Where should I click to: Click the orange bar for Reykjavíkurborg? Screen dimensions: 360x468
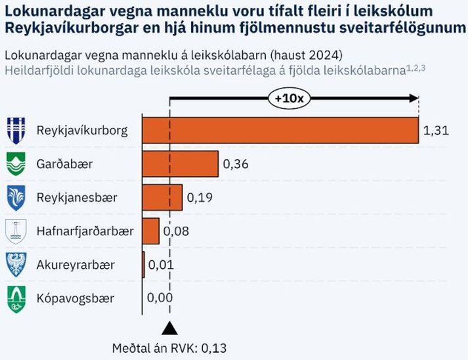tap(280, 129)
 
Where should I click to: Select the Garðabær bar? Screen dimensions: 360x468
tap(181, 164)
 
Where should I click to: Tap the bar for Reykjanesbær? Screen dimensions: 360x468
tap(163, 196)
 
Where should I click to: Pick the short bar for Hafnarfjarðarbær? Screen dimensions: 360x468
tap(151, 231)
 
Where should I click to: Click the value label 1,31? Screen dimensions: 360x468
tap(436, 130)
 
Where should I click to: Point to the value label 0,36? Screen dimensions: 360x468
tap(236, 164)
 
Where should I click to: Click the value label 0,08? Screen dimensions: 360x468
tap(175, 231)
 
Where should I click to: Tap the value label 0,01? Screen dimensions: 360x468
tap(161, 265)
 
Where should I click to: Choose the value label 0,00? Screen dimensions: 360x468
tap(160, 298)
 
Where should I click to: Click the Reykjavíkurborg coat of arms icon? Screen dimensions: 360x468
tap(16, 129)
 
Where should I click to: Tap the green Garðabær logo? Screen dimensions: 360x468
tap(16, 164)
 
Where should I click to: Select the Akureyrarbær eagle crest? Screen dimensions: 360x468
tap(16, 265)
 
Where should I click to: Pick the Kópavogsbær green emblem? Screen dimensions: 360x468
tap(16, 299)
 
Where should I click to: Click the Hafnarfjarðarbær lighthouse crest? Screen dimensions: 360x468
tap(16, 231)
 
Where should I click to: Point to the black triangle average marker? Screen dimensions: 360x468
tap(169, 326)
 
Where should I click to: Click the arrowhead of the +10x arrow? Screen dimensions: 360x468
tap(414, 99)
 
